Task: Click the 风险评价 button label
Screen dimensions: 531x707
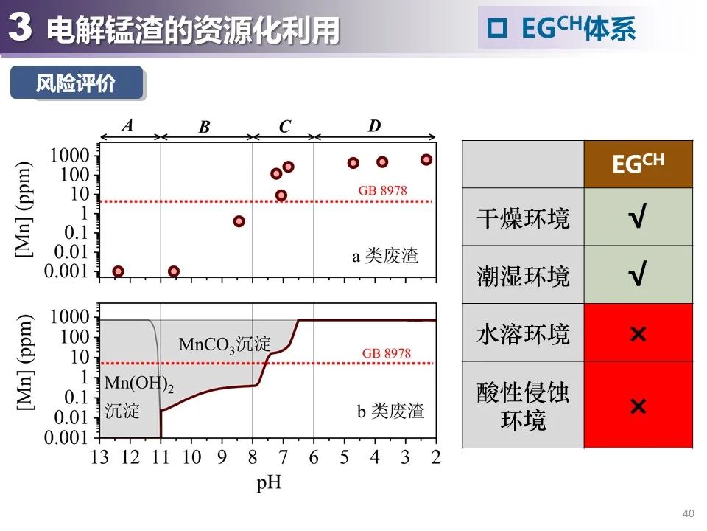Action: point(76,83)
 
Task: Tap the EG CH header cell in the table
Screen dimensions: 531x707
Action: point(638,163)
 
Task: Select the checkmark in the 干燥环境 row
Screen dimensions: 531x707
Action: point(638,218)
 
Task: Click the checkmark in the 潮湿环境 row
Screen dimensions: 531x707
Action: point(638,276)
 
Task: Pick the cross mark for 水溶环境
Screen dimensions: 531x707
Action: point(638,334)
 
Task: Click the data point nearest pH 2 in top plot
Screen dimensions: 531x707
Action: point(426,159)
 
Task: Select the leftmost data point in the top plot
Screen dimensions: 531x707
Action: point(118,271)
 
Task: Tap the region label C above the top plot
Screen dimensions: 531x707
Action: point(285,127)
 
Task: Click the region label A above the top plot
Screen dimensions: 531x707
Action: point(127,125)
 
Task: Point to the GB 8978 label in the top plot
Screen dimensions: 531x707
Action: point(382,190)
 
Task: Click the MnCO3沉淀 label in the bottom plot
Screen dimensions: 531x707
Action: point(225,344)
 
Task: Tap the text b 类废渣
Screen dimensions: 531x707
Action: point(390,412)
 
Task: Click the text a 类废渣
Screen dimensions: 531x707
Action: point(384,257)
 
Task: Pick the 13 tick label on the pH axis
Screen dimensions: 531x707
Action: point(99,457)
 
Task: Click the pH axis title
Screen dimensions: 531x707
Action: point(269,484)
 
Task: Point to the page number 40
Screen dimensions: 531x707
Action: point(689,513)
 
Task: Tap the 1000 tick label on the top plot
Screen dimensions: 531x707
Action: point(69,155)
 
